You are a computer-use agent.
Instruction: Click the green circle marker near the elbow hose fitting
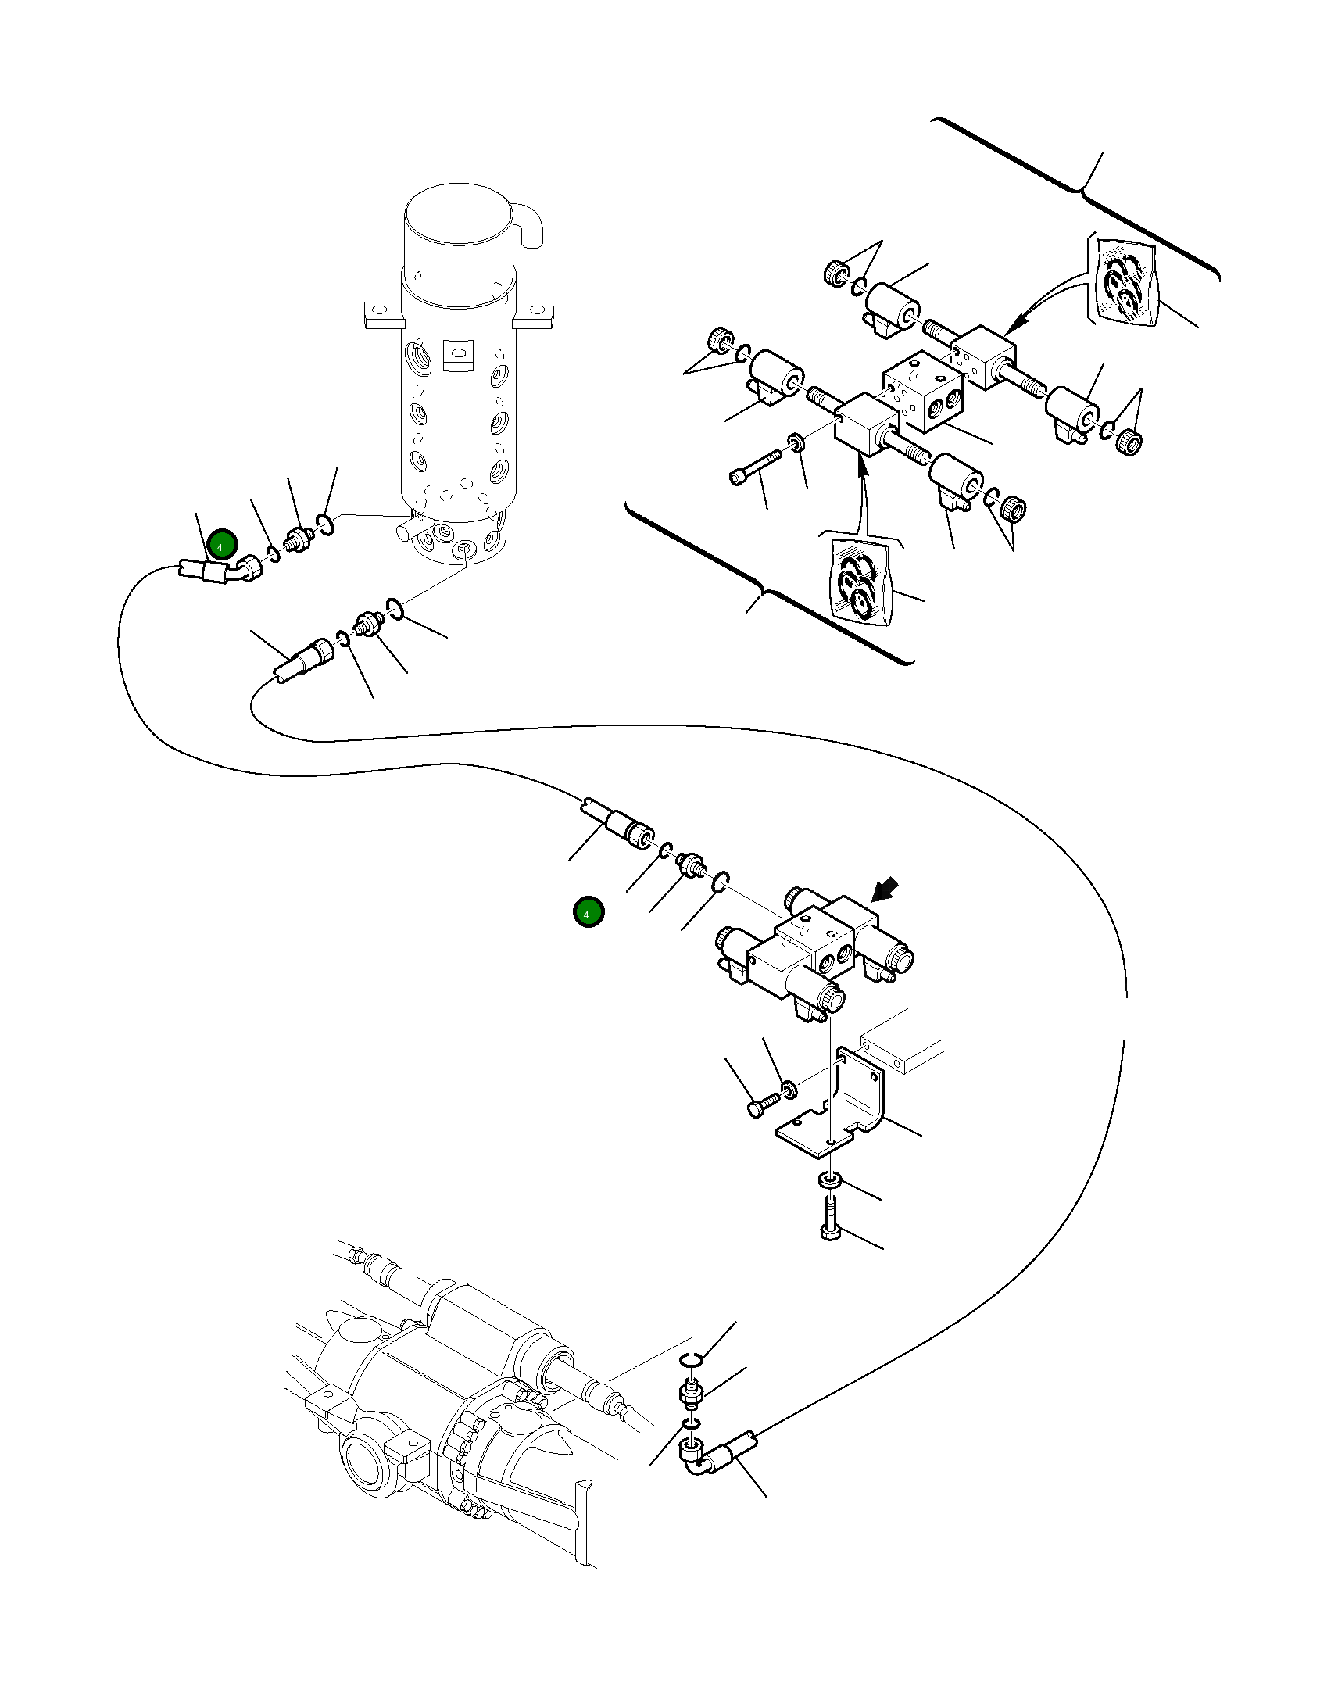click(222, 544)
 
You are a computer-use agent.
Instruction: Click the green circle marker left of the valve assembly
click(588, 912)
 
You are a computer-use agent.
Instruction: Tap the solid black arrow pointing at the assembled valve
click(885, 890)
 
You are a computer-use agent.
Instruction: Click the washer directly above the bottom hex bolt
click(829, 1179)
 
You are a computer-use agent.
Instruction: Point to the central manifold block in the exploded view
click(923, 391)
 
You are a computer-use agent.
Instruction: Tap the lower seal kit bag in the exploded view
click(858, 580)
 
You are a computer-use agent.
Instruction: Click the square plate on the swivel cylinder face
click(458, 356)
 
